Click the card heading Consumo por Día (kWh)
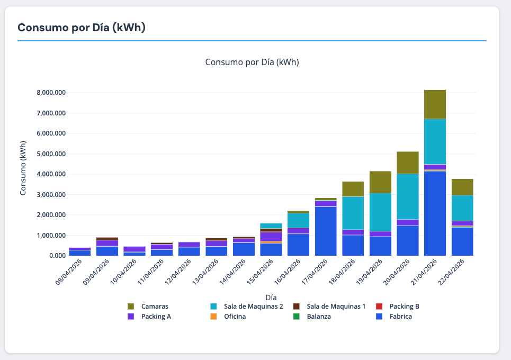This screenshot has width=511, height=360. [81, 28]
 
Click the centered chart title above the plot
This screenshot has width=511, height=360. [252, 62]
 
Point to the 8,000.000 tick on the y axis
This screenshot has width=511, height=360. [51, 93]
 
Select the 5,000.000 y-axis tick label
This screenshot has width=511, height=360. [51, 154]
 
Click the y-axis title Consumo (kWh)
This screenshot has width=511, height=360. [23, 168]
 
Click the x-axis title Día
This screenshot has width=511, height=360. [271, 298]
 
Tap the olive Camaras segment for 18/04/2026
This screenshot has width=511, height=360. [353, 189]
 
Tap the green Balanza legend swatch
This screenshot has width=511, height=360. [297, 317]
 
